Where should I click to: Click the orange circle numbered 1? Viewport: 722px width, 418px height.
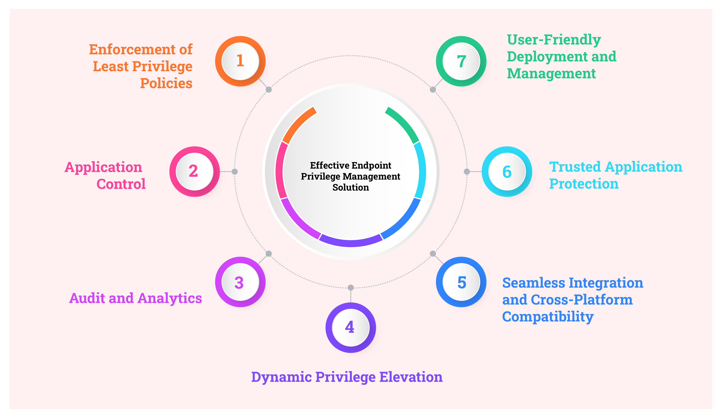tap(240, 61)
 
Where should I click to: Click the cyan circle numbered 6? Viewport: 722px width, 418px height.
tap(507, 171)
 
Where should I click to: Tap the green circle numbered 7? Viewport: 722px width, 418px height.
tap(461, 61)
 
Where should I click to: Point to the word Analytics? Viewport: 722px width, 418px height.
tap(170, 298)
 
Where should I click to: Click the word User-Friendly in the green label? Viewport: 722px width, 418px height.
tap(553, 40)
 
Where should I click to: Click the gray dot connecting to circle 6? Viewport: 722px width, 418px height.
tap(466, 171)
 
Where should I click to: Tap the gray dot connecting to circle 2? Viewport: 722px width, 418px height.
tap(235, 171)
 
